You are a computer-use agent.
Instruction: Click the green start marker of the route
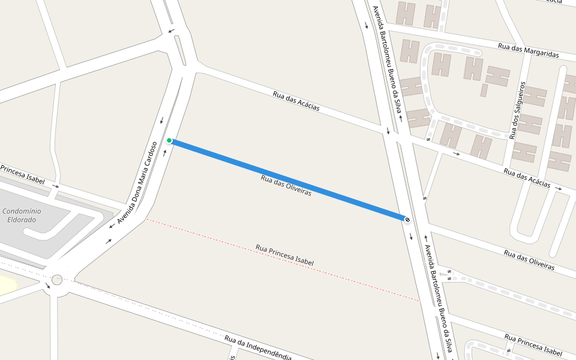(169, 141)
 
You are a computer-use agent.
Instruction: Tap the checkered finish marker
(407, 220)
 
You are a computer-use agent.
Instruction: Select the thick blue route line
(288, 180)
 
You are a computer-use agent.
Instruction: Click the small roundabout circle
(57, 279)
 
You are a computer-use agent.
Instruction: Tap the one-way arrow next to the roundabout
(48, 286)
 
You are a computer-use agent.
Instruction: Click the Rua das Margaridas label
(528, 50)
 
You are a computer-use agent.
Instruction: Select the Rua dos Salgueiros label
(518, 110)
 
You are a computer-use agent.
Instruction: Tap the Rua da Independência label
(258, 347)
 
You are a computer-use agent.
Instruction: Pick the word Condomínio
(22, 211)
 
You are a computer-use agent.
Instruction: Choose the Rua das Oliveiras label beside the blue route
(286, 185)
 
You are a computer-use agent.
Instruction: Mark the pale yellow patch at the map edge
(6, 285)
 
